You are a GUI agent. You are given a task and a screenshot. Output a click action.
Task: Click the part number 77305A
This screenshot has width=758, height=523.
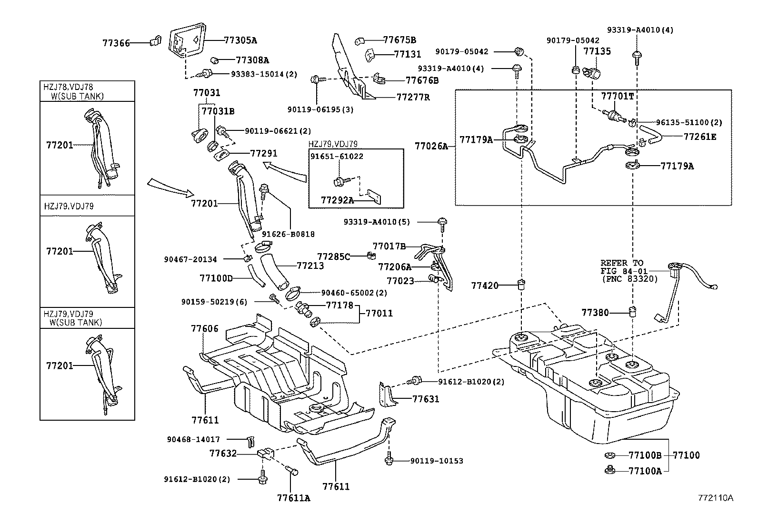[240, 40]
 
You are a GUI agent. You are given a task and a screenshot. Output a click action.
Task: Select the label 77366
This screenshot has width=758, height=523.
[116, 43]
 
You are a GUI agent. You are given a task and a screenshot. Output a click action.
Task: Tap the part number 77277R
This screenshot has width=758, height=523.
[413, 97]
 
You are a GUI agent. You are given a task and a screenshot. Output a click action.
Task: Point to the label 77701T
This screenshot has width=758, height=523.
[617, 96]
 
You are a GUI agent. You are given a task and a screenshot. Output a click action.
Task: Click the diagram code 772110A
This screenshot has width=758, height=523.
[715, 498]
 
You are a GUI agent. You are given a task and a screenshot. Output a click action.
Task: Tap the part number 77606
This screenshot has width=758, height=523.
[204, 328]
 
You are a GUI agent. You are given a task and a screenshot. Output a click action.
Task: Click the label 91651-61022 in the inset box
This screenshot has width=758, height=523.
[336, 156]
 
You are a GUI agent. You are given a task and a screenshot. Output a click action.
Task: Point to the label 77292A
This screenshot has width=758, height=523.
[337, 200]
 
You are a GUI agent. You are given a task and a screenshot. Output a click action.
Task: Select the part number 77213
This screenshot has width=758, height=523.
[310, 266]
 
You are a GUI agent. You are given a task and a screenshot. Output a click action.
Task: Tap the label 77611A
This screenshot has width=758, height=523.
[293, 498]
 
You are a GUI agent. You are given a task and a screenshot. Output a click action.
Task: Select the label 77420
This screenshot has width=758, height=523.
[485, 286]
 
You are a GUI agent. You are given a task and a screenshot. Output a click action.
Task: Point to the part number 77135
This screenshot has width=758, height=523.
[597, 51]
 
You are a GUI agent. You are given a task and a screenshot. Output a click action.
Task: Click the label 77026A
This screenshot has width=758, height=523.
[431, 146]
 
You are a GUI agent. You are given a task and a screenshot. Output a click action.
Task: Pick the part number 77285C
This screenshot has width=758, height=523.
[333, 257]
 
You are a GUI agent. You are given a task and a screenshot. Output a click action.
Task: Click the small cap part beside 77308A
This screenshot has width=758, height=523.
[214, 60]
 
